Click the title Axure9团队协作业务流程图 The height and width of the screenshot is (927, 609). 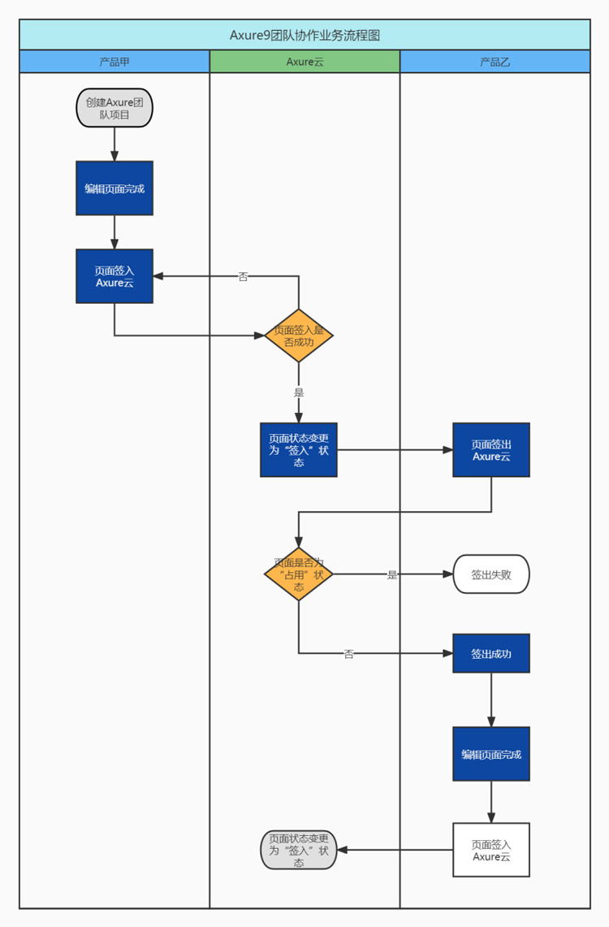[304, 36]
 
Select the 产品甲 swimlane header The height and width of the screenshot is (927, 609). [114, 62]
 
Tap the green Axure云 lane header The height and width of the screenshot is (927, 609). [304, 62]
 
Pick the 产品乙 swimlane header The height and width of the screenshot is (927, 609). [495, 62]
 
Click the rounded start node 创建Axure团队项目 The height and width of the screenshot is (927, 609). [114, 107]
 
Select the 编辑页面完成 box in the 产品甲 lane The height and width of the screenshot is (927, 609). [114, 188]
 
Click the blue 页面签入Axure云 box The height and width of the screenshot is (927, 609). [114, 276]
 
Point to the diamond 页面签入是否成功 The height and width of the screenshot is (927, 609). [299, 336]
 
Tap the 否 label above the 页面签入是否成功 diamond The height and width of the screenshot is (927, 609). [243, 276]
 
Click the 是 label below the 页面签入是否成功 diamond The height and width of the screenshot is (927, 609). [299, 392]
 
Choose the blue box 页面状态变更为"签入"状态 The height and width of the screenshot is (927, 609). [299, 450]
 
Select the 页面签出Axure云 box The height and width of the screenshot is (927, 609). [491, 450]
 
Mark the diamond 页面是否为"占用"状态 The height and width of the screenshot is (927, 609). [299, 574]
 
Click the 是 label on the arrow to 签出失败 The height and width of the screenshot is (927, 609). [392, 574]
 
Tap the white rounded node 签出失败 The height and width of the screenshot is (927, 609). [491, 574]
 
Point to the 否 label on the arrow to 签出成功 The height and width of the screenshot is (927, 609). [348, 654]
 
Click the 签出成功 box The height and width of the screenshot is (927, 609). [491, 653]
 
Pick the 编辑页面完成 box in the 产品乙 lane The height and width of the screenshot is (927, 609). [491, 754]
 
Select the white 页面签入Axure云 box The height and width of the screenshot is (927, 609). [491, 850]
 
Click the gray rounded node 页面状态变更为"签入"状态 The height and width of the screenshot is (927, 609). [299, 850]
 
